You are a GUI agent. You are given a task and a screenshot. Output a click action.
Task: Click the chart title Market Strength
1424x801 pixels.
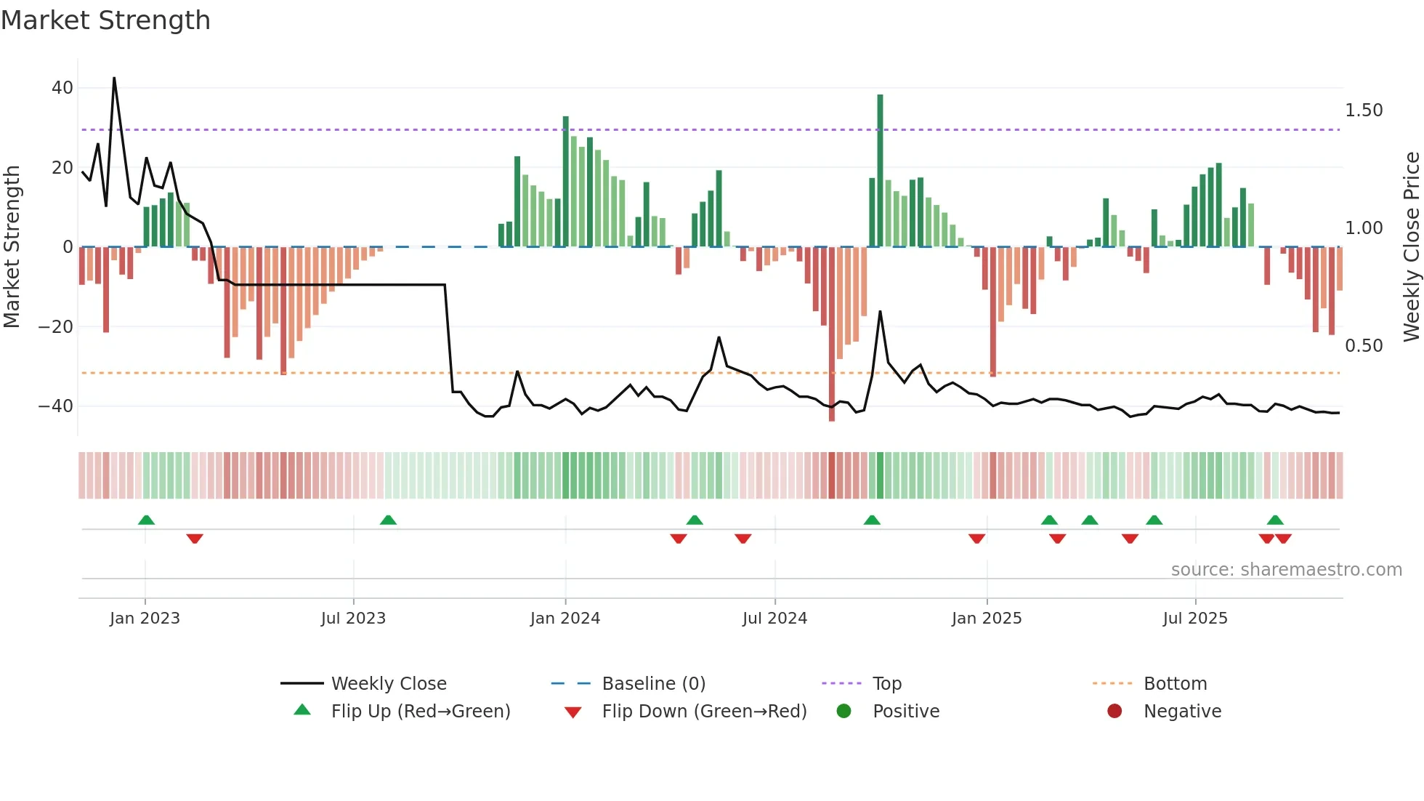105,20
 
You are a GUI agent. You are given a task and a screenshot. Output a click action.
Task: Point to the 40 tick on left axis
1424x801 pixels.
62,88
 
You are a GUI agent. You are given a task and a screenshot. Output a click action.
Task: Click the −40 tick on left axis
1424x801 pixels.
56,406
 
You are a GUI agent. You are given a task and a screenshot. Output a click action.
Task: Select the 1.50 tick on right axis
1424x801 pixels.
1364,110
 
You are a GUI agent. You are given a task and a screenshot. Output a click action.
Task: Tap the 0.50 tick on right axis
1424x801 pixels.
1364,346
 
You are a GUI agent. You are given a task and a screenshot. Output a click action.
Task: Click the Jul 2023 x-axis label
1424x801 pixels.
353,619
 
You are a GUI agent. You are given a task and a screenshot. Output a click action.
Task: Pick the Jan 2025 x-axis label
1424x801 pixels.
987,619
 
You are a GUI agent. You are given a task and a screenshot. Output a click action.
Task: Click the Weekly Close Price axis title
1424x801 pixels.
1411,247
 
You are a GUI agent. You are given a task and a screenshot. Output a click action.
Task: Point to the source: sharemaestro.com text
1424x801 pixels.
1286,570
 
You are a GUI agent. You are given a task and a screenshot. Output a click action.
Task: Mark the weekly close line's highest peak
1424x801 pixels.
114,78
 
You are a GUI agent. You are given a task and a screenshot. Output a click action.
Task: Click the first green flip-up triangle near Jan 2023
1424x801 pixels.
146,520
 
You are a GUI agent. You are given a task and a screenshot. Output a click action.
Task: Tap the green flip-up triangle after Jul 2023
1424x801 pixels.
388,520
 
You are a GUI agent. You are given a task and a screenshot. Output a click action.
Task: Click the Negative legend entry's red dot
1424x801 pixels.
1114,712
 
